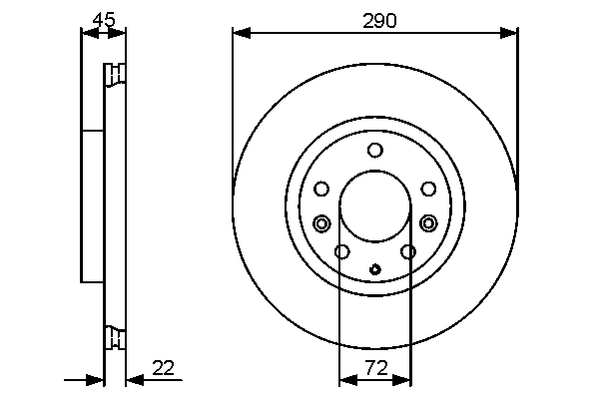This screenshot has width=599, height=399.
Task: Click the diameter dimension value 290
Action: point(375,19)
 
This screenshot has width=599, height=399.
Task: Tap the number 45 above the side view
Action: point(103,19)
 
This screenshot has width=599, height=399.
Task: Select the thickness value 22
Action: point(164,367)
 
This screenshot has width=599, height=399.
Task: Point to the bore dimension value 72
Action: point(375,367)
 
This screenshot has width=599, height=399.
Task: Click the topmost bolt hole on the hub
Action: point(375,151)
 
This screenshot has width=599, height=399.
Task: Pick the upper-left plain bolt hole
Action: point(321,189)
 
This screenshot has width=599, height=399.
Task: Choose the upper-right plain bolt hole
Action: point(428,189)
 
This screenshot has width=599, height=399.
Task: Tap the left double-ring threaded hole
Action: point(321,222)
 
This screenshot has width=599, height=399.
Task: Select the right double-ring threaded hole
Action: point(428,222)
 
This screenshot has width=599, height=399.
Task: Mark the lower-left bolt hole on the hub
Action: point(341,251)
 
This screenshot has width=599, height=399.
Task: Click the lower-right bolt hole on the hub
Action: point(408,251)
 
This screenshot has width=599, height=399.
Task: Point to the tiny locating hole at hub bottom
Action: point(375,268)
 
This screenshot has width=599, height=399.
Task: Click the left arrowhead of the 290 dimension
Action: point(240,34)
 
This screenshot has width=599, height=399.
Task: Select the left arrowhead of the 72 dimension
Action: point(345,379)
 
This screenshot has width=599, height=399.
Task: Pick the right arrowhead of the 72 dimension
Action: point(404,379)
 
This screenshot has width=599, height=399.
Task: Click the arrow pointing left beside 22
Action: point(133,379)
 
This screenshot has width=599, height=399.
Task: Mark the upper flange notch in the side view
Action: point(116,76)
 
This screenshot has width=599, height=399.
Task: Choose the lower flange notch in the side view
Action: point(116,338)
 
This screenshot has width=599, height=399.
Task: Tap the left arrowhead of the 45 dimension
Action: point(86,34)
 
